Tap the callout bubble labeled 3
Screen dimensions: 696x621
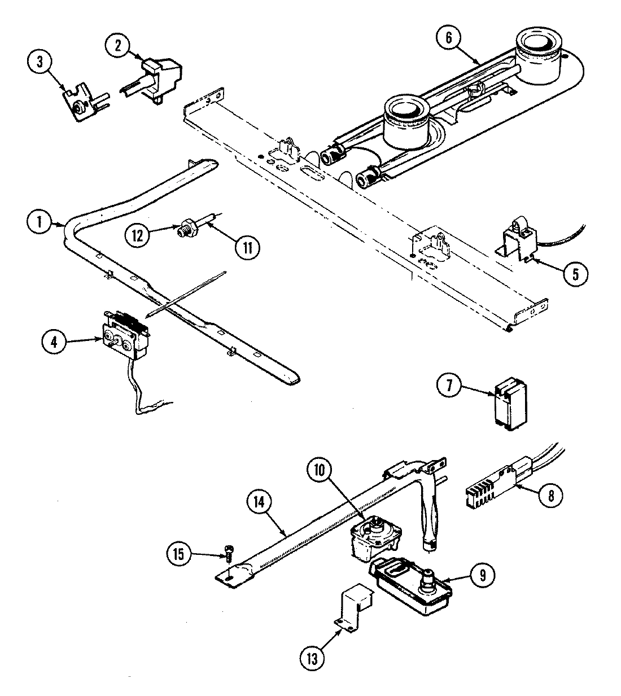tap(40, 62)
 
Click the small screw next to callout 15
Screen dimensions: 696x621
tap(228, 551)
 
